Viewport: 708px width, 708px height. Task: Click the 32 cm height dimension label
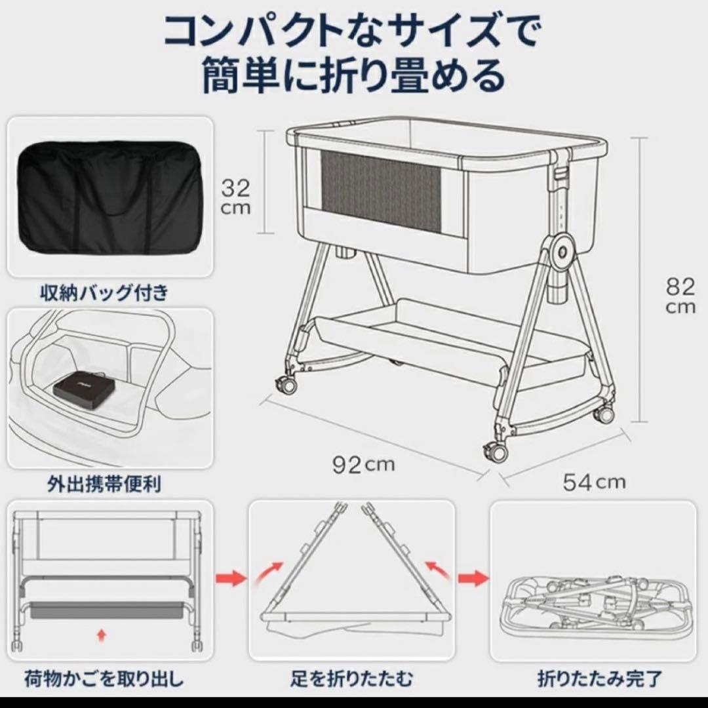coord(235,197)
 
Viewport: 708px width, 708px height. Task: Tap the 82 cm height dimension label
coord(680,295)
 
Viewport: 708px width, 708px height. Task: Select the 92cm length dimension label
coord(363,465)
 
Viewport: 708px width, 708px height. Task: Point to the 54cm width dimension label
coord(594,482)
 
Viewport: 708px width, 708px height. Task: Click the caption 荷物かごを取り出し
coord(104,676)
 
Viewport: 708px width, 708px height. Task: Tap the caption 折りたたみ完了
coord(600,676)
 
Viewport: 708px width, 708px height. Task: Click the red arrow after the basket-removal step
coord(230,579)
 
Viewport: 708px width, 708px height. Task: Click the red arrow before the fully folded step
coord(473,579)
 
